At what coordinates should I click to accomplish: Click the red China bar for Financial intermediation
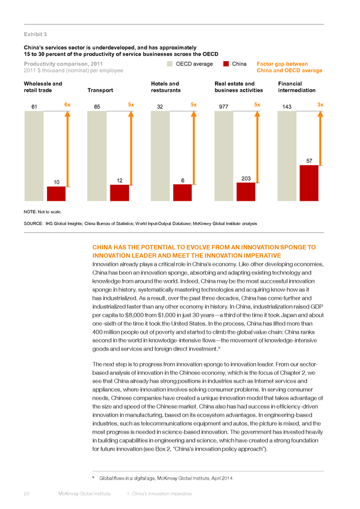pyautogui.click(x=309, y=183)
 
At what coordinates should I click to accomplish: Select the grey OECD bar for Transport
pyautogui.click(x=97, y=156)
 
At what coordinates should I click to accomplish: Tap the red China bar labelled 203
pyautogui.click(x=246, y=192)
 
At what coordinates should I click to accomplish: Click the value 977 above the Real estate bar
pyautogui.click(x=224, y=106)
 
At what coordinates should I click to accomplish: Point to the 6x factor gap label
pyautogui.click(x=67, y=105)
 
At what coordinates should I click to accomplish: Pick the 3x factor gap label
pyautogui.click(x=320, y=105)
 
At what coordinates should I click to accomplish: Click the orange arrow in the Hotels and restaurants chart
pyautogui.click(x=194, y=148)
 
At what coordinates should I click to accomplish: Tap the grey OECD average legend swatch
pyautogui.click(x=170, y=64)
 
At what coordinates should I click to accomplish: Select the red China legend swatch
pyautogui.click(x=226, y=64)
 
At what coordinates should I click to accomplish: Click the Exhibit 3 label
pyautogui.click(x=36, y=34)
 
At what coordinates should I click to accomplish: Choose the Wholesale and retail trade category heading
pyautogui.click(x=43, y=87)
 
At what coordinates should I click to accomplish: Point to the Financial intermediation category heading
pyautogui.click(x=297, y=87)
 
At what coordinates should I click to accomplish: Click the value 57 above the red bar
pyautogui.click(x=309, y=161)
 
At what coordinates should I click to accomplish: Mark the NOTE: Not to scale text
pyautogui.click(x=42, y=212)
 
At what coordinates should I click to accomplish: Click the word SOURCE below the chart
pyautogui.click(x=33, y=223)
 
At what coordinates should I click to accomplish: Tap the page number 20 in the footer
pyautogui.click(x=27, y=494)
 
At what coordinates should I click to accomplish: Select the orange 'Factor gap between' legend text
pyautogui.click(x=282, y=64)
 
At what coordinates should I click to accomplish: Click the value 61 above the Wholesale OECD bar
pyautogui.click(x=34, y=106)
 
